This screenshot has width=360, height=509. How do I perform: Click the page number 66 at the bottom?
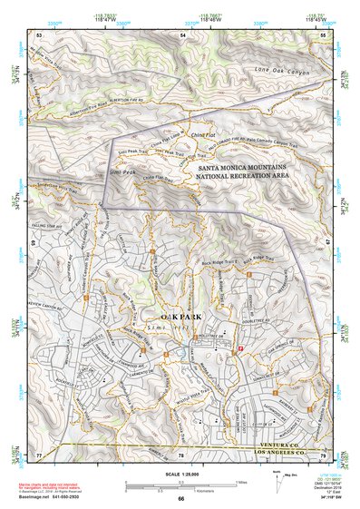pos(180,498)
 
